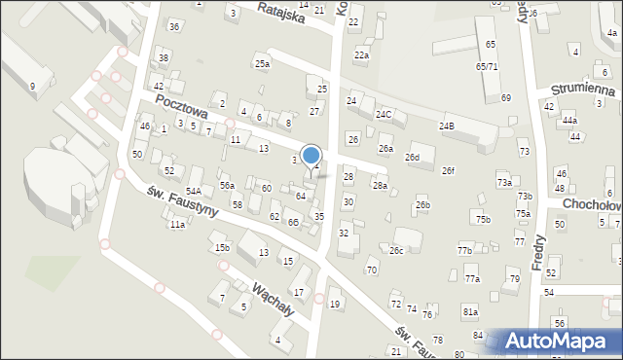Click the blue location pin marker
pyautogui.click(x=311, y=157)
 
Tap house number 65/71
pyautogui.click(x=487, y=66)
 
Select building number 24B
pyautogui.click(x=447, y=126)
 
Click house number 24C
pyautogui.click(x=384, y=115)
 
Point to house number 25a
pyautogui.click(x=262, y=64)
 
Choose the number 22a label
pyautogui.click(x=361, y=55)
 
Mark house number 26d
pyautogui.click(x=413, y=158)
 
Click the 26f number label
pyautogui.click(x=448, y=171)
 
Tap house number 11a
pyautogui.click(x=177, y=225)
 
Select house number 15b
pyautogui.click(x=222, y=248)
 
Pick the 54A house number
pyautogui.click(x=194, y=192)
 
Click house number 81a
pyautogui.click(x=470, y=311)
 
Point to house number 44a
pyautogui.click(x=569, y=121)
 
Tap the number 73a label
pyautogui.click(x=504, y=183)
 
